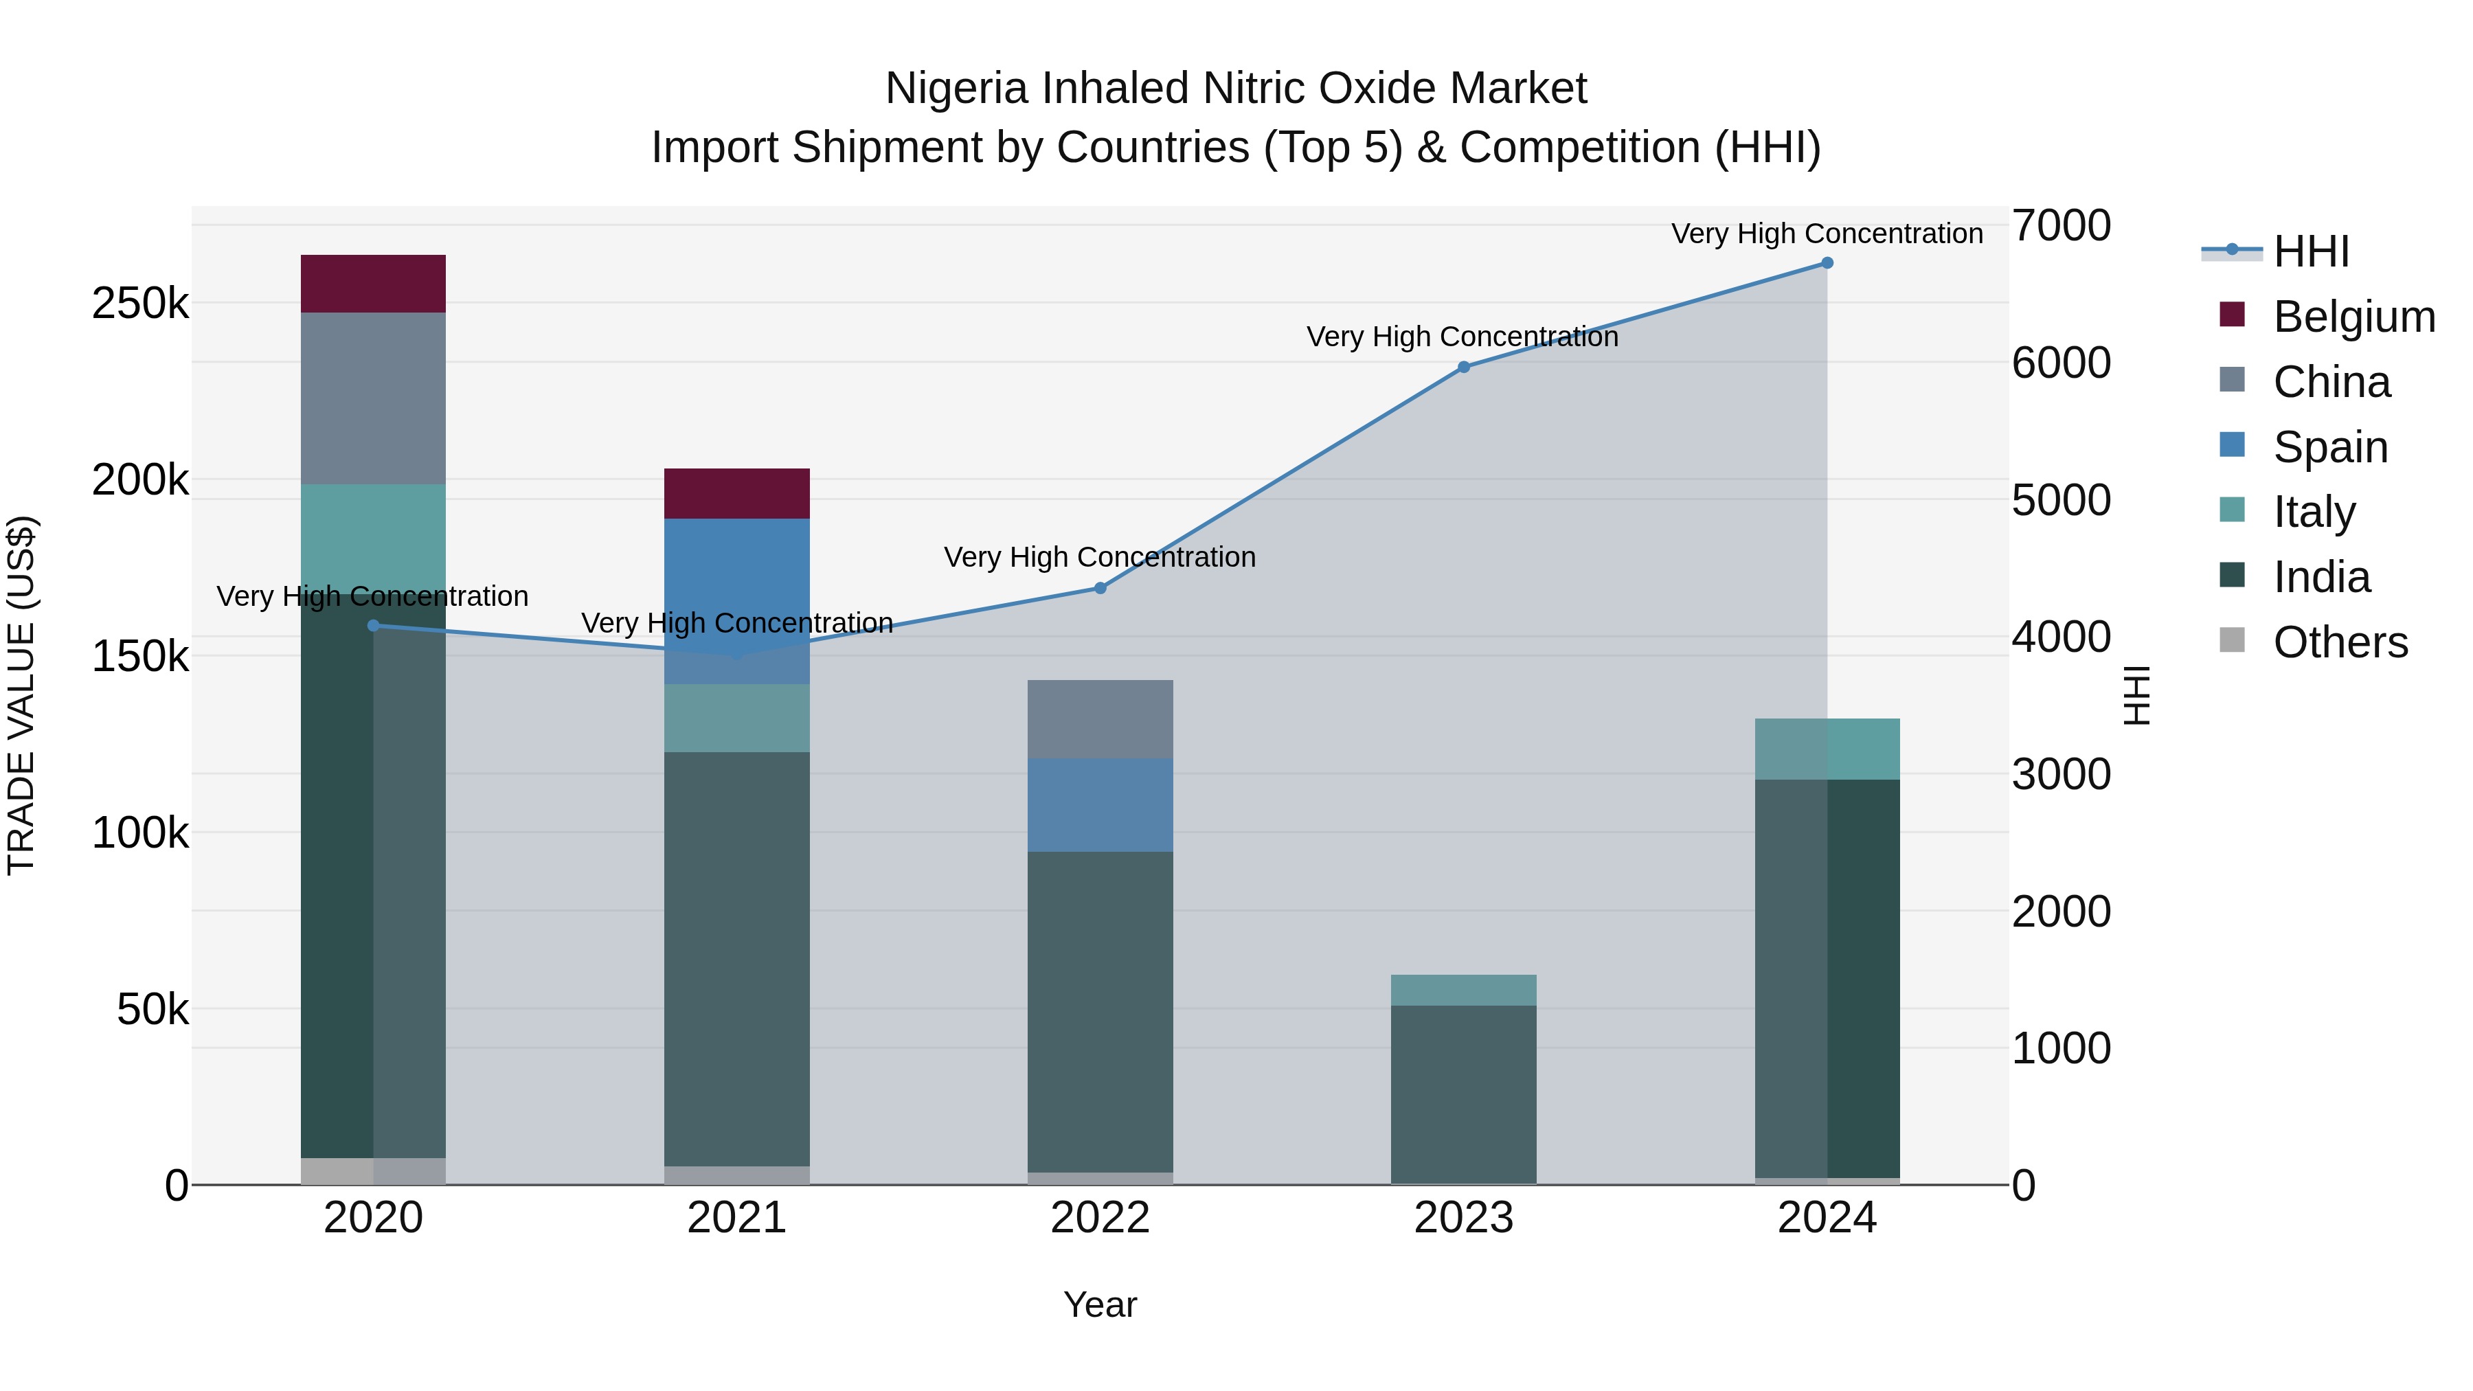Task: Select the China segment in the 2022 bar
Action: pos(1100,719)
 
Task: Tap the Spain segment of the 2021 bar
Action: pos(736,601)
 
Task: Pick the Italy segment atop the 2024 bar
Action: pos(1827,749)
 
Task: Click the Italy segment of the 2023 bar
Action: pos(1463,990)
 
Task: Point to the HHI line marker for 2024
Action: pos(1827,263)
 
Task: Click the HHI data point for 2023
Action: pos(1463,367)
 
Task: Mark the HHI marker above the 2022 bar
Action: pos(1100,589)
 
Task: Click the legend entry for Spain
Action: pos(2330,447)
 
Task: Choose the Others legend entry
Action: pos(2340,642)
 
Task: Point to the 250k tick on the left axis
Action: pos(140,304)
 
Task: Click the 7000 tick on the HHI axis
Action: pos(2060,225)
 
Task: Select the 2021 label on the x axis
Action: pos(736,1218)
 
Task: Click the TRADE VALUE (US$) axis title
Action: pos(21,695)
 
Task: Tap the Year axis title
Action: pos(1100,1304)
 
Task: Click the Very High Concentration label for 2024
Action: pos(1826,234)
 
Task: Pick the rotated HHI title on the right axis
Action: pos(2137,695)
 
